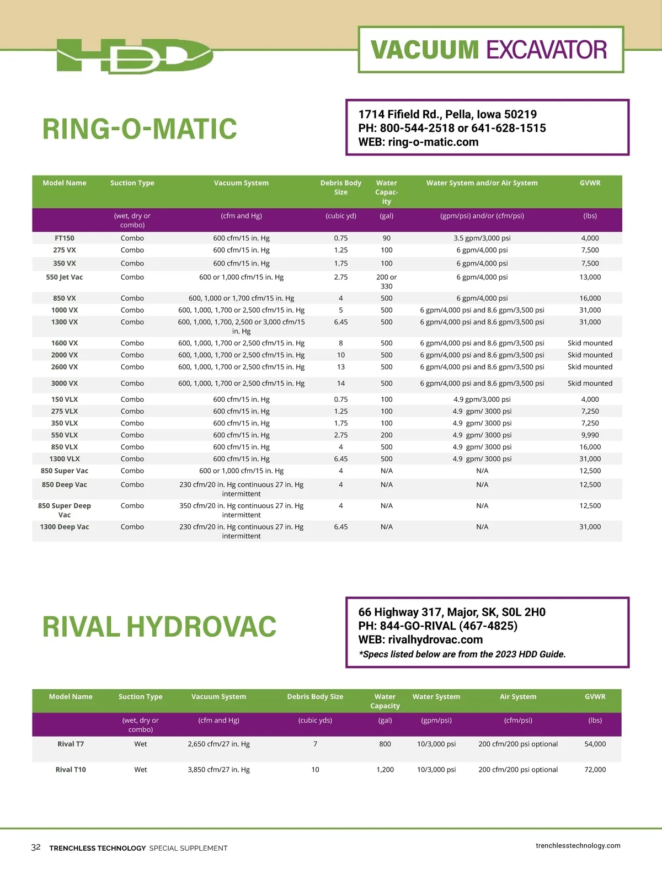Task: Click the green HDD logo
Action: point(135,56)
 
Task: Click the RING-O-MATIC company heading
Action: point(140,129)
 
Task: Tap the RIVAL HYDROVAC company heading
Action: point(159,627)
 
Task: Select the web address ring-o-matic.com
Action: point(433,142)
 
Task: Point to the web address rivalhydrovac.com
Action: point(435,640)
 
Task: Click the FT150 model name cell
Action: point(65,238)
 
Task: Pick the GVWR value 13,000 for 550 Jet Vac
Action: point(590,278)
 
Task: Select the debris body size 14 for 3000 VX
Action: point(341,383)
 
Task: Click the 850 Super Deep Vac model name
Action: point(65,510)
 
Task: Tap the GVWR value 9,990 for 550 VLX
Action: point(590,435)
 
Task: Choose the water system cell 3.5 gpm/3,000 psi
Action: point(482,238)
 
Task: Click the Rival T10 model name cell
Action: point(71,770)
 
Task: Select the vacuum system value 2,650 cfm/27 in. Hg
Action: point(218,744)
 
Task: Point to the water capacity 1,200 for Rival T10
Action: point(385,770)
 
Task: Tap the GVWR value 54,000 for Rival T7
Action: point(595,744)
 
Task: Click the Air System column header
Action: point(518,697)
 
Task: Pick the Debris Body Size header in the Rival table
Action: point(315,697)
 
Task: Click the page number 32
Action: point(36,847)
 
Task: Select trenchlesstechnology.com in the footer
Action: point(578,846)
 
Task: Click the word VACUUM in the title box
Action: point(424,50)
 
